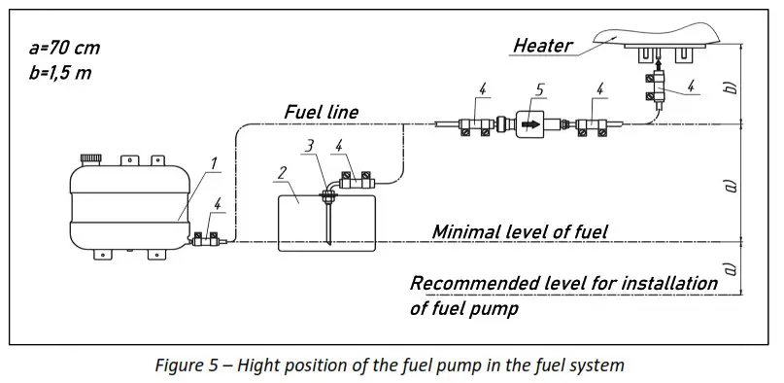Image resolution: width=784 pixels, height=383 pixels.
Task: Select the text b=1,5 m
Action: click(61, 73)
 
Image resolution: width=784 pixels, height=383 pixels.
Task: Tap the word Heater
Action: click(543, 45)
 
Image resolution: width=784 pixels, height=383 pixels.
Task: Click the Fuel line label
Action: click(321, 112)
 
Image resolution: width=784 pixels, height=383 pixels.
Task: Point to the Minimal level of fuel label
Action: click(520, 231)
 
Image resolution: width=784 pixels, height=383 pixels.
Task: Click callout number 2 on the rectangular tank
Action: click(282, 174)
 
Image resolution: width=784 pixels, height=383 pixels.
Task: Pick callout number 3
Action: click(309, 146)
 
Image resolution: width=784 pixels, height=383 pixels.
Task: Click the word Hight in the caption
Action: click(265, 366)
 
